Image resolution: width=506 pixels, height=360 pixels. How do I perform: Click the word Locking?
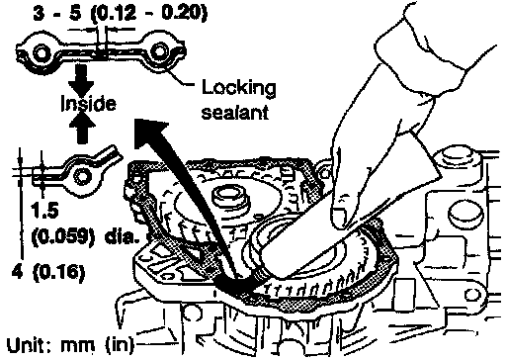click(x=238, y=88)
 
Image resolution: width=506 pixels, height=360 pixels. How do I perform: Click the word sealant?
click(x=235, y=113)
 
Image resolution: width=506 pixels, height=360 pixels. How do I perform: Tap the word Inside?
click(x=88, y=103)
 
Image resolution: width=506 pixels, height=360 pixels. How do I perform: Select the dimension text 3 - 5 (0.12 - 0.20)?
click(x=121, y=13)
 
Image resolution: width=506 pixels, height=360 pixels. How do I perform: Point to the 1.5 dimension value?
click(x=44, y=211)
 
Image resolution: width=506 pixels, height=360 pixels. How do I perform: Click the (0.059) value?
click(x=60, y=236)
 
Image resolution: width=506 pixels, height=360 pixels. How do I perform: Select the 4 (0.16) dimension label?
click(x=48, y=272)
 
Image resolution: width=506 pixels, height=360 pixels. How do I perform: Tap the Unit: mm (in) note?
click(x=70, y=345)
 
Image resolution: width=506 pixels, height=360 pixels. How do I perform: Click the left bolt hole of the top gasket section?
click(x=42, y=52)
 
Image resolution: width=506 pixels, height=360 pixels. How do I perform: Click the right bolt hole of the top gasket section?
click(x=159, y=51)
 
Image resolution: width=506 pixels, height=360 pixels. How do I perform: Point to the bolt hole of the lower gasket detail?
click(x=81, y=175)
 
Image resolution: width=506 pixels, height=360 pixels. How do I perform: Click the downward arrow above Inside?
click(x=81, y=80)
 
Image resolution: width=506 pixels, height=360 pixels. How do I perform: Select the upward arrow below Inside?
click(x=81, y=129)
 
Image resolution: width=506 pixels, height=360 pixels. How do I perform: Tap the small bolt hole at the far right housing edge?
click(x=472, y=295)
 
